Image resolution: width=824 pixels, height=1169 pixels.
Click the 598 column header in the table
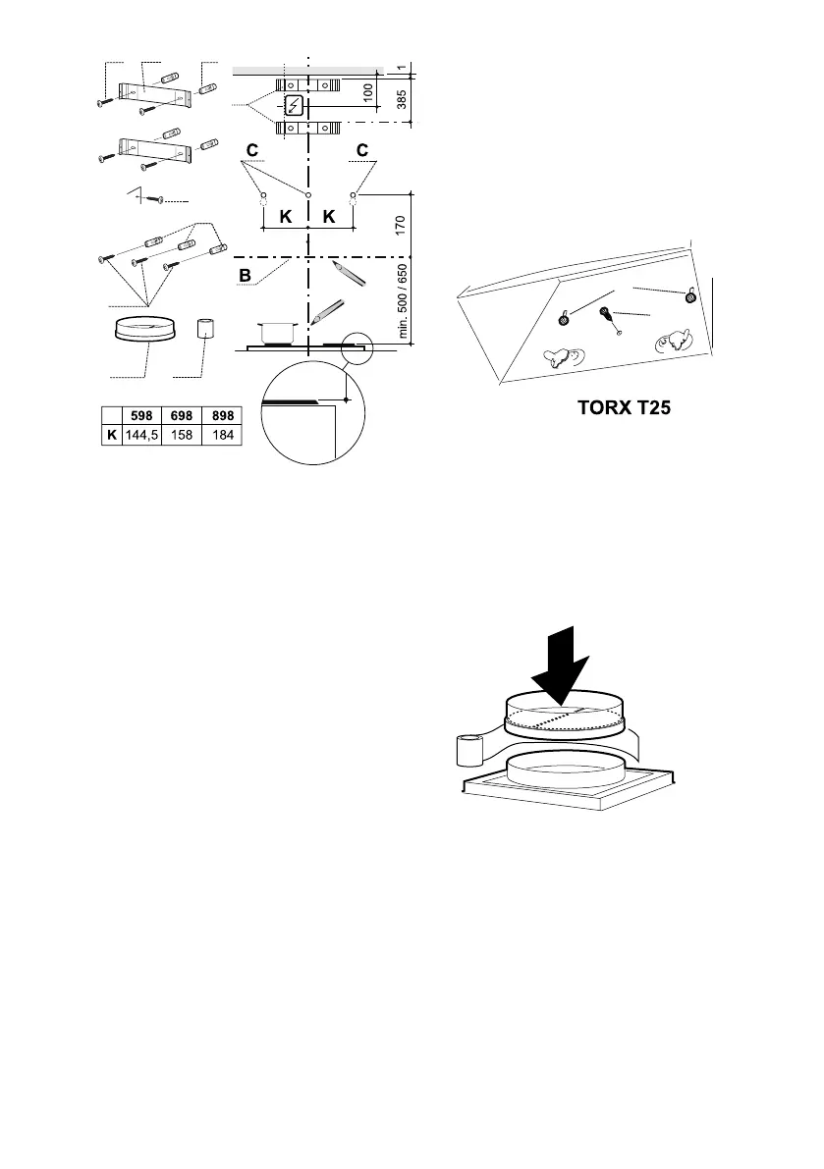pos(142,414)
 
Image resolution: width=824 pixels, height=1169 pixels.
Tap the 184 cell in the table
pos(222,434)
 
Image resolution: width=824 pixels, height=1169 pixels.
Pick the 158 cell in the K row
pos(182,434)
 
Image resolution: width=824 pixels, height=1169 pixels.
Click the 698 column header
pos(182,414)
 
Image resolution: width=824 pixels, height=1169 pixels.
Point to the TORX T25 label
pos(624,407)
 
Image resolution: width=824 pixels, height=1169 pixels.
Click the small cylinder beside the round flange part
pos(205,329)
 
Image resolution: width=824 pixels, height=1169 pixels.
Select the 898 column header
pos(222,414)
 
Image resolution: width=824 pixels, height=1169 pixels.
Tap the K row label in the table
pos(110,434)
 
